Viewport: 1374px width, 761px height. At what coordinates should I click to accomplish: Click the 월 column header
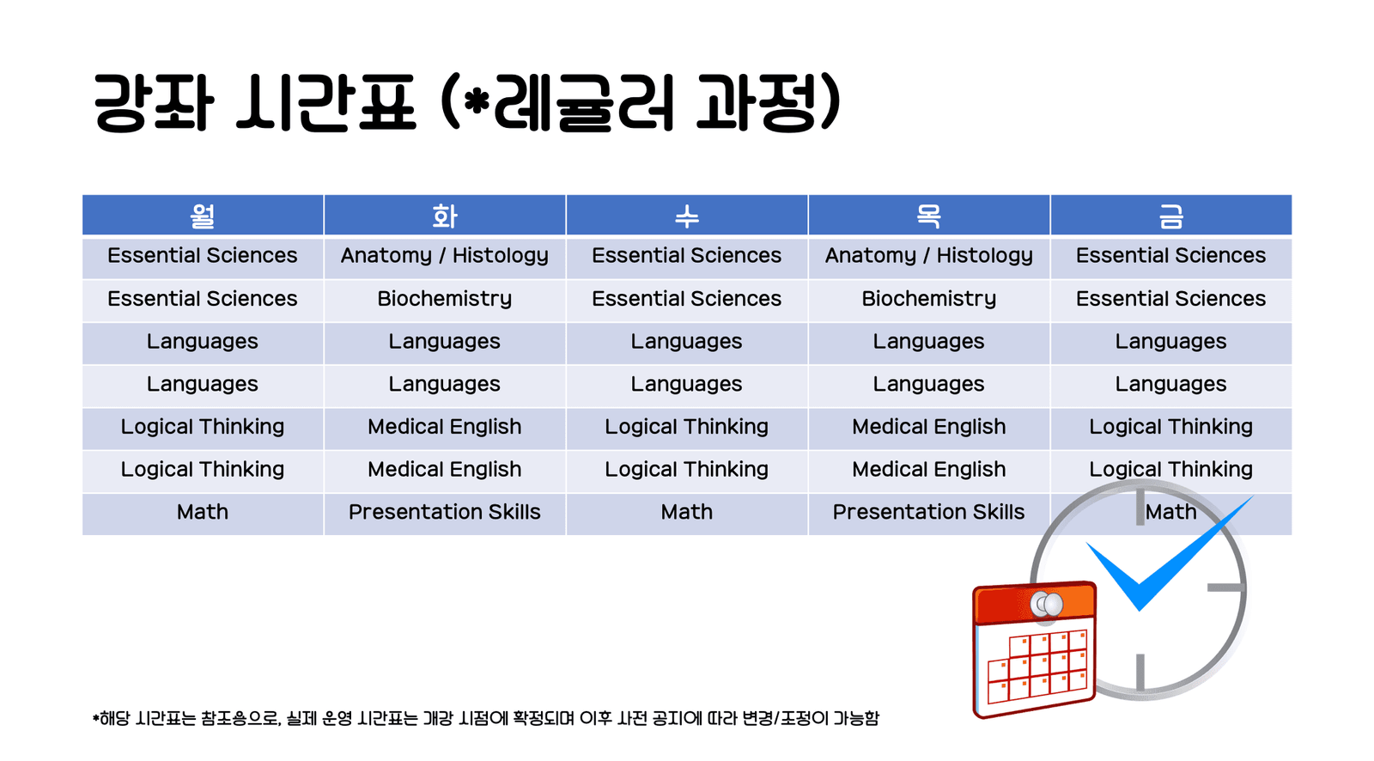pyautogui.click(x=203, y=216)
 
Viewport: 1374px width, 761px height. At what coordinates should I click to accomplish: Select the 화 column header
pyautogui.click(x=445, y=216)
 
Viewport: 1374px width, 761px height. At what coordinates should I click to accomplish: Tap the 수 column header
pyautogui.click(x=687, y=216)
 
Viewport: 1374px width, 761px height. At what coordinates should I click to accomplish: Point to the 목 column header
pyautogui.click(x=929, y=216)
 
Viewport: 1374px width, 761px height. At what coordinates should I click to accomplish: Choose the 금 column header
pyautogui.click(x=1171, y=216)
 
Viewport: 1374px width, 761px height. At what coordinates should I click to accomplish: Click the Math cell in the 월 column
pyautogui.click(x=203, y=513)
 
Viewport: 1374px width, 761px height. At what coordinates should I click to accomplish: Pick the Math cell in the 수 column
pyautogui.click(x=687, y=513)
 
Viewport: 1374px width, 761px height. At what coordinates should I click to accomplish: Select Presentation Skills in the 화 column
pyautogui.click(x=445, y=513)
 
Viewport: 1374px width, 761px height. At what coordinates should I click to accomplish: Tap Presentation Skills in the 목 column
pyautogui.click(x=929, y=513)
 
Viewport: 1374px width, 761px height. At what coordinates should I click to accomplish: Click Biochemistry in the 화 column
pyautogui.click(x=445, y=299)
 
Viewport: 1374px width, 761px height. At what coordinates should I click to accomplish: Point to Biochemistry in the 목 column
pyautogui.click(x=929, y=299)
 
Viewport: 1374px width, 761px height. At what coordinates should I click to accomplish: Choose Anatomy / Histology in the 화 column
pyautogui.click(x=445, y=256)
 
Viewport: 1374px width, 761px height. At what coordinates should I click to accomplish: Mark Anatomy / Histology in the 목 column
pyautogui.click(x=929, y=256)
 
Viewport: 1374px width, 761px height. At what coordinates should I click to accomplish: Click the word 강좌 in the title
pyautogui.click(x=153, y=103)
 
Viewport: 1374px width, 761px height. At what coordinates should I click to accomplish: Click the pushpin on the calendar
pyautogui.click(x=1047, y=605)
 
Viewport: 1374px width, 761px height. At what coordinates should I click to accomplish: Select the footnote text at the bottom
pyautogui.click(x=486, y=718)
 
